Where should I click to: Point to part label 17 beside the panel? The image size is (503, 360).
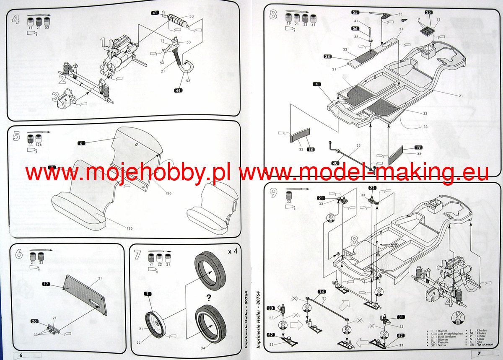(46, 284)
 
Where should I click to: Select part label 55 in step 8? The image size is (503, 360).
(355, 13)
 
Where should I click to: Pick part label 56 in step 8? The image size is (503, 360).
(355, 28)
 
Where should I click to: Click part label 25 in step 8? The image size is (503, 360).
(428, 13)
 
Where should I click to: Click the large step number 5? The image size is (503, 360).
(17, 137)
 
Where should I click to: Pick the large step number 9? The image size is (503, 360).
(274, 193)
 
